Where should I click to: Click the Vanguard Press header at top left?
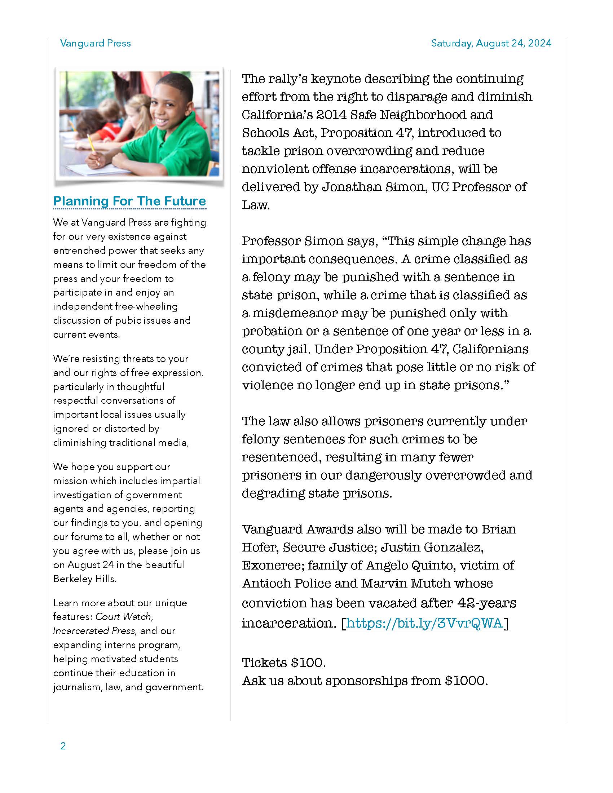(x=95, y=43)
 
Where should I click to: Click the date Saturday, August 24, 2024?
(x=491, y=43)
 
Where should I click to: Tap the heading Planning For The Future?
(x=129, y=201)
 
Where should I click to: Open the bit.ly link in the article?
(x=424, y=623)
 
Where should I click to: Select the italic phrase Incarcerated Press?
(x=95, y=631)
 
